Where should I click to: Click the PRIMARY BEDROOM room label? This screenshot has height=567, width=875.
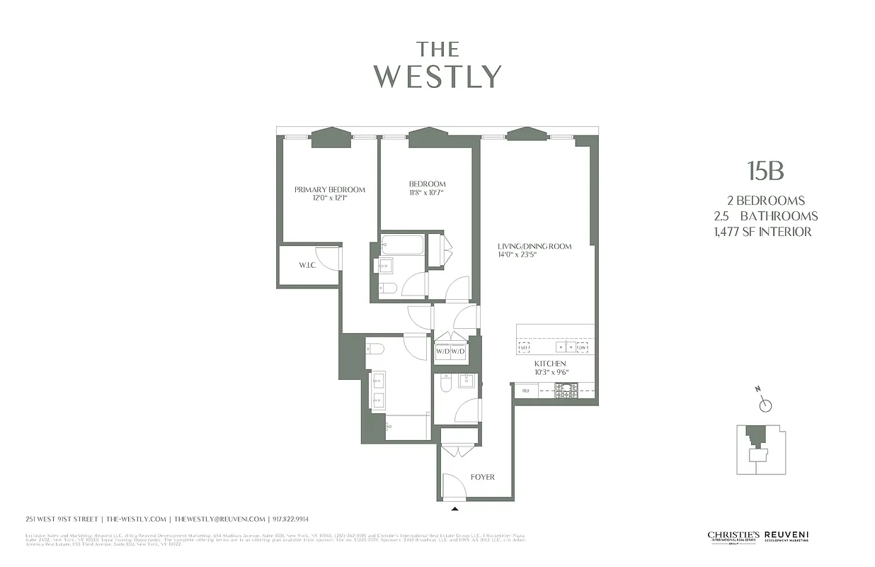coord(330,189)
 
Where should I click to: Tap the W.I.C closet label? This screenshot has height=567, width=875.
coord(307,265)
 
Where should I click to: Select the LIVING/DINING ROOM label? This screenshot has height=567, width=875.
coord(534,247)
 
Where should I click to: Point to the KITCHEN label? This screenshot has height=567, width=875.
coord(550,364)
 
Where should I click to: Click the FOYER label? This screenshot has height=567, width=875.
coord(482,477)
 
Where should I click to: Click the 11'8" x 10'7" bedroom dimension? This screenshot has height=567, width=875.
coord(427,192)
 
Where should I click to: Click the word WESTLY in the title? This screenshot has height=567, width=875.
coord(437,77)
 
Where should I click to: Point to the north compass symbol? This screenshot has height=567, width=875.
coord(765,405)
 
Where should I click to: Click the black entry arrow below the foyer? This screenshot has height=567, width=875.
coord(454,507)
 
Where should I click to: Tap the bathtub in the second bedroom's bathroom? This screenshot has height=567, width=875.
coord(402,245)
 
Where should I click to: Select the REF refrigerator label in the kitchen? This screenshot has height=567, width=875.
coord(526,390)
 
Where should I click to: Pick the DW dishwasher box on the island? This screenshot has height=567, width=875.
coord(583,347)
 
